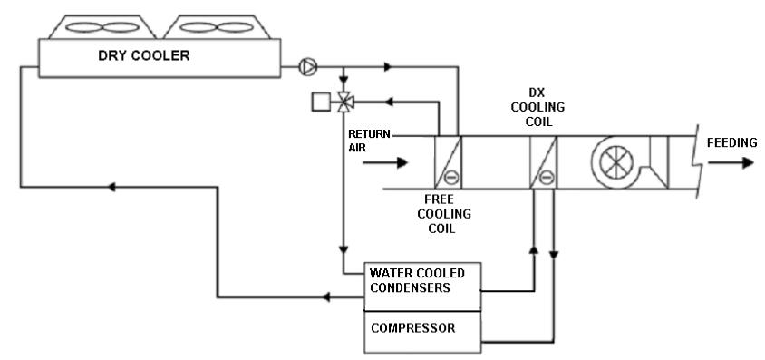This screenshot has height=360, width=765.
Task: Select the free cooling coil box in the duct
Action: tap(450, 163)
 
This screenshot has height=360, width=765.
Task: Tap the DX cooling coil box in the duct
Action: tap(544, 163)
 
